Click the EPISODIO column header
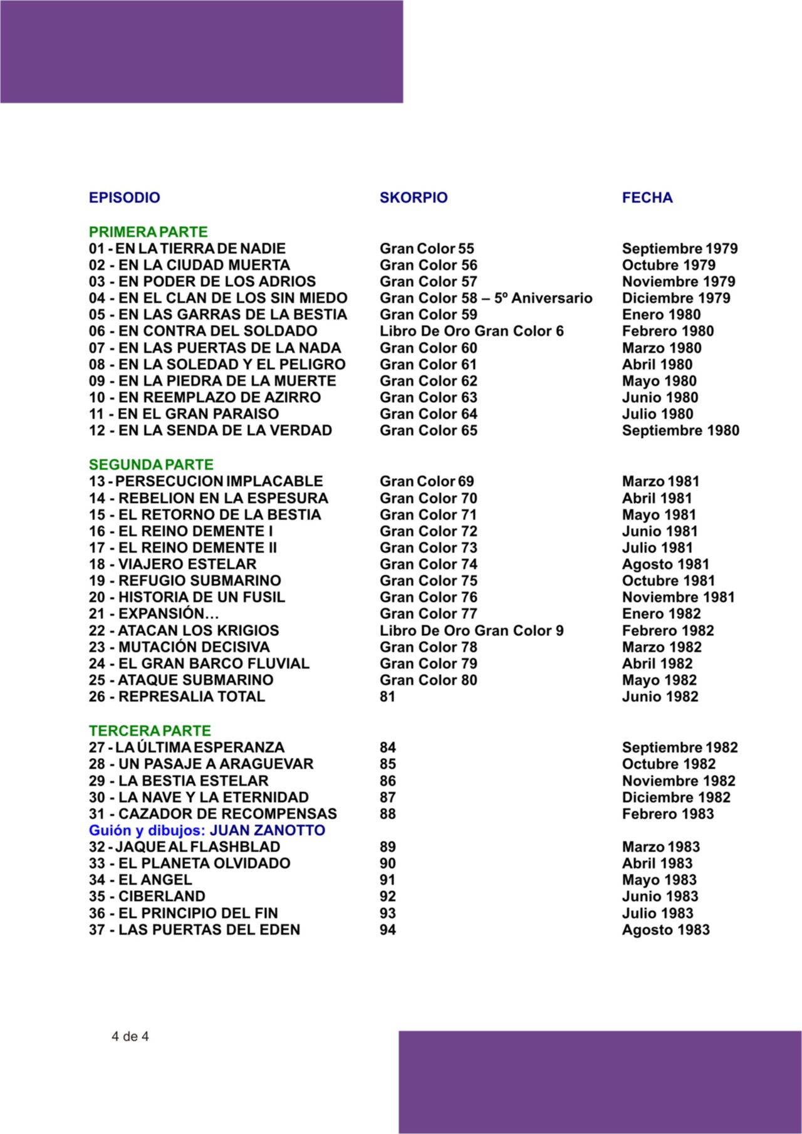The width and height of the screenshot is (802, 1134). pos(124,198)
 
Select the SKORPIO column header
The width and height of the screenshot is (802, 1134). pos(414,198)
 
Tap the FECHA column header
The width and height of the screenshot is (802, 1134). pos(647,198)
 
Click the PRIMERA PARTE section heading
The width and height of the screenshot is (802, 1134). pos(148,232)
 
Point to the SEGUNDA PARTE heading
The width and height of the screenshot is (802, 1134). pos(151,465)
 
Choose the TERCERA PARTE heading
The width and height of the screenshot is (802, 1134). pos(150,731)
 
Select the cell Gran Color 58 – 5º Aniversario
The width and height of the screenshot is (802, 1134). pos(486,298)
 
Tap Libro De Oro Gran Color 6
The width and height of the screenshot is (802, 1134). pos(471,331)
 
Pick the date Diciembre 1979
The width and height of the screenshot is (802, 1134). pos(676,298)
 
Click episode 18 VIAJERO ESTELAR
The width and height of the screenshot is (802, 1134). pos(172,564)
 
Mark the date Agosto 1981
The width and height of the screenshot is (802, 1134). pos(665,564)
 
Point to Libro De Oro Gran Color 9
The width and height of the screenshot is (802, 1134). pos(471,631)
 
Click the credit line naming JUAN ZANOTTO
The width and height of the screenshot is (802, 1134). pos(207,831)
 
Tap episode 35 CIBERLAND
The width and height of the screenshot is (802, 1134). pos(147,897)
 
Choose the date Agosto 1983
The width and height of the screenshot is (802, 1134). pos(665,930)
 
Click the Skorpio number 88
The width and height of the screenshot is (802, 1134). pos(388,814)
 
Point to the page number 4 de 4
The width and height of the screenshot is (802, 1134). pos(130,1036)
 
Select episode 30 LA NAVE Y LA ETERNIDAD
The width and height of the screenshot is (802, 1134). pos(199,798)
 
